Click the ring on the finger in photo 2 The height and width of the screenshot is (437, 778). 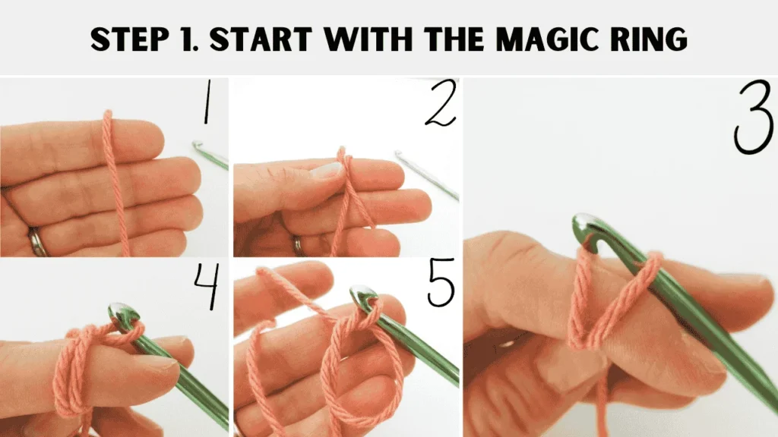tap(298, 244)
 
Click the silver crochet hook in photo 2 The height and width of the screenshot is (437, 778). tap(425, 175)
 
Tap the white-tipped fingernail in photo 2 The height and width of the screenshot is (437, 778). tap(326, 171)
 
